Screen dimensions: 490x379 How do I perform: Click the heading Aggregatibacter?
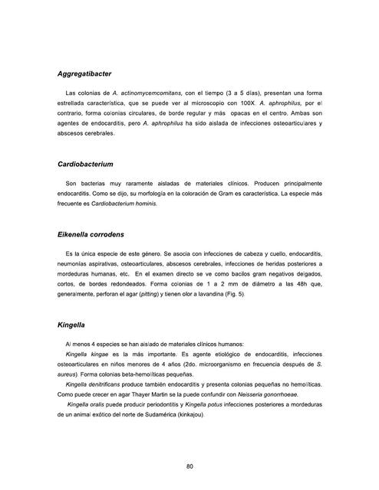point(84,74)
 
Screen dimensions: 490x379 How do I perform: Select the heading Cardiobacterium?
point(85,165)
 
